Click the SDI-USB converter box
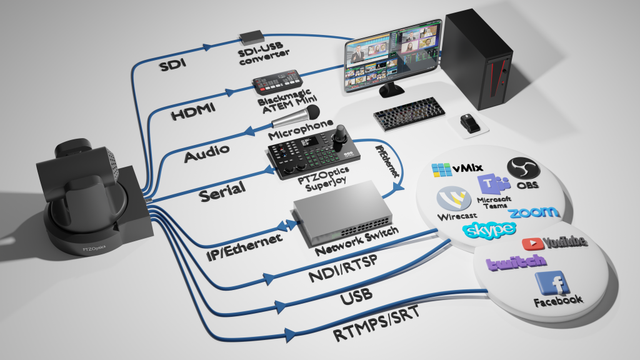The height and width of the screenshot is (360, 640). point(253,36)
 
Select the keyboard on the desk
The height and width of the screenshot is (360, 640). point(410,113)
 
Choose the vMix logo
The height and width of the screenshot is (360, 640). point(455,169)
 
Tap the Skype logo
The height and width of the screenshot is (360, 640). point(489,230)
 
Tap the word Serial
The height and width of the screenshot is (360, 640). point(222,191)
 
